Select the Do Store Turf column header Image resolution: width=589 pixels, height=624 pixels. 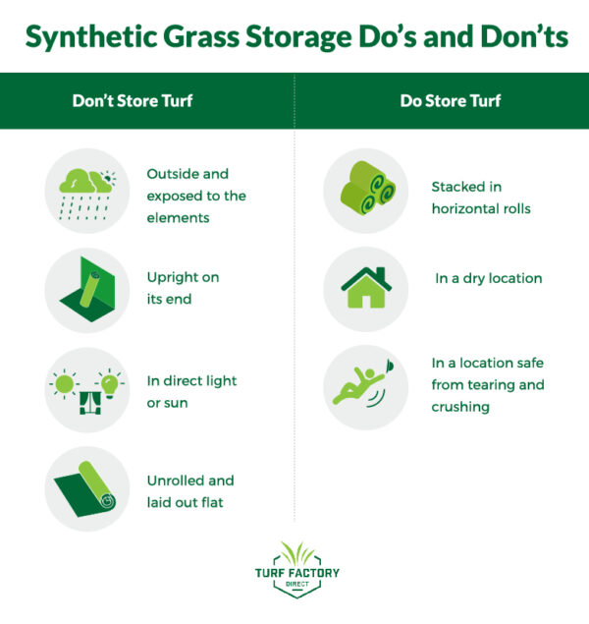pyautogui.click(x=441, y=100)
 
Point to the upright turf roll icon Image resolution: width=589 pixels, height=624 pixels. pyautogui.click(x=87, y=290)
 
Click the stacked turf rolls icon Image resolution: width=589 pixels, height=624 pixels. pyautogui.click(x=365, y=191)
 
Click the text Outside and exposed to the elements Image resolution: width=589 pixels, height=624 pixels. pyautogui.click(x=196, y=196)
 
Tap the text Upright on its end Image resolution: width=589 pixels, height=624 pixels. pyautogui.click(x=183, y=288)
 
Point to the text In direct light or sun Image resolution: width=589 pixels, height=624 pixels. pyautogui.click(x=191, y=391)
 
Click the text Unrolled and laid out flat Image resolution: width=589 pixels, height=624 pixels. pyautogui.click(x=190, y=490)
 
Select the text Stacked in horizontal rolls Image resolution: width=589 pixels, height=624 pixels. pyautogui.click(x=481, y=197)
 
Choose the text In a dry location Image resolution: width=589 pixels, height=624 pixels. pyautogui.click(x=488, y=278)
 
